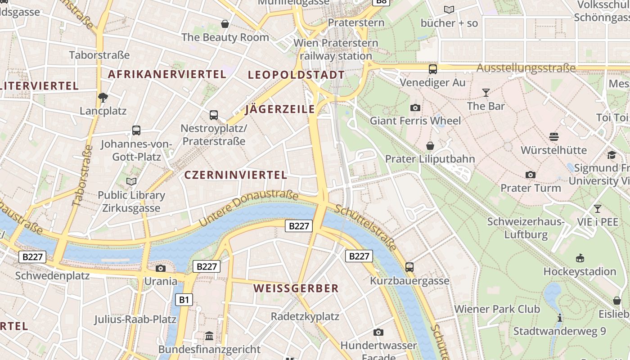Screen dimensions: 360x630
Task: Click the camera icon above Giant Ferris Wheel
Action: tap(415, 108)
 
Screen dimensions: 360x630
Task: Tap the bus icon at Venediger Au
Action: tap(432, 69)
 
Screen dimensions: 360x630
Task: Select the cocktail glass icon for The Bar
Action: tap(486, 93)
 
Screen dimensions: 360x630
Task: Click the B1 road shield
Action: tap(184, 300)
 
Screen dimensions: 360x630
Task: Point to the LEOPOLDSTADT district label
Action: tap(296, 75)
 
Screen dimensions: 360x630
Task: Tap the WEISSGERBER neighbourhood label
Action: tap(296, 288)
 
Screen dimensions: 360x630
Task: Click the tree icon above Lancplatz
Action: tap(103, 97)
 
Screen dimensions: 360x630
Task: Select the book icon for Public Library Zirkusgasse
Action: tap(131, 181)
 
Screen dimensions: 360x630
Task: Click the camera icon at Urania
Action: tap(160, 269)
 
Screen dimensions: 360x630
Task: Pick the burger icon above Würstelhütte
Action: tap(553, 136)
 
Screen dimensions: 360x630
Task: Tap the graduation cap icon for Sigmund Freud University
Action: tap(611, 155)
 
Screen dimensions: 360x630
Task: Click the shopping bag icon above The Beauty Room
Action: tap(225, 24)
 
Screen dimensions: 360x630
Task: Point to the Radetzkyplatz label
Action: tap(305, 316)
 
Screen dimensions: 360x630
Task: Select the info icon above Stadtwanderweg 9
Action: tap(559, 318)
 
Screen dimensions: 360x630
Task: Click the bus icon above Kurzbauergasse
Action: tap(409, 267)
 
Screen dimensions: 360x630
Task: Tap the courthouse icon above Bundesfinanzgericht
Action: tap(209, 336)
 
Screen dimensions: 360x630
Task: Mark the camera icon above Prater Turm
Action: tap(531, 175)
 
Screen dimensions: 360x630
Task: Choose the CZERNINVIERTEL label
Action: tap(236, 175)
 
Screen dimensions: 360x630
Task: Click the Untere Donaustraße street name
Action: tap(248, 208)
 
